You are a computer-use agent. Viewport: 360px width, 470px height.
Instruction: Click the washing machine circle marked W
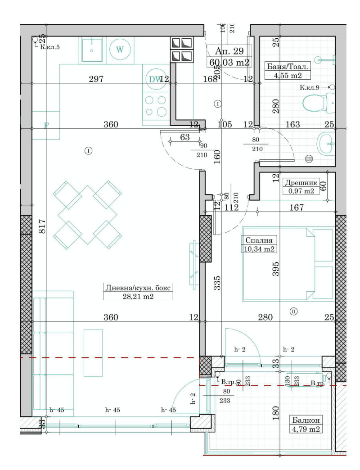click(119, 50)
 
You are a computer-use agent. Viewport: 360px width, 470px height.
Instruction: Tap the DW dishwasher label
click(155, 79)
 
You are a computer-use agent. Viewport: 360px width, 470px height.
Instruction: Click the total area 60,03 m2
click(229, 63)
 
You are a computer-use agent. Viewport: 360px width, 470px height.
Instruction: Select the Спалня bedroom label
click(259, 240)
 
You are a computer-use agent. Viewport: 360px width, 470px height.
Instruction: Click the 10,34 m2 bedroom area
click(259, 249)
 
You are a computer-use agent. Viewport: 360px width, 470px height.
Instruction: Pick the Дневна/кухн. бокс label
click(138, 288)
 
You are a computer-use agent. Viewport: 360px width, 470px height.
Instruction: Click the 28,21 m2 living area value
click(138, 296)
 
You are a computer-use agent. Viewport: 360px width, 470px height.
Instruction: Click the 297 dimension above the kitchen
click(96, 79)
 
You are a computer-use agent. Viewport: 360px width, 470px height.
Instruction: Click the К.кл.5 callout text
click(50, 47)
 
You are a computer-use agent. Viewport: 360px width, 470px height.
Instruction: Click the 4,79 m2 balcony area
click(306, 429)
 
